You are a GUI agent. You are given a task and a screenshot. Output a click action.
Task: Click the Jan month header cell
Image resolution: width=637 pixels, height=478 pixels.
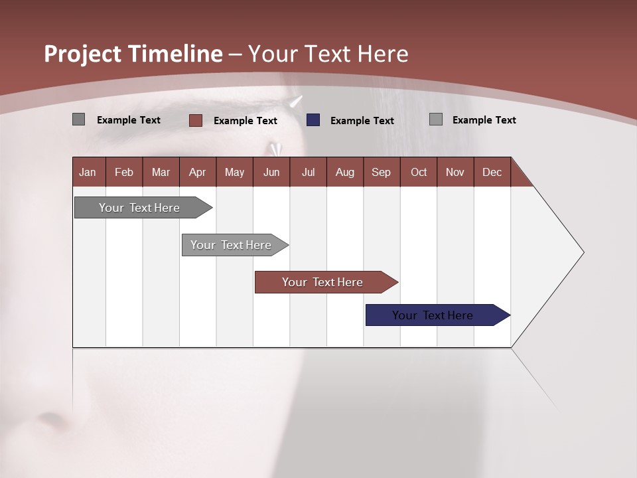tap(88, 172)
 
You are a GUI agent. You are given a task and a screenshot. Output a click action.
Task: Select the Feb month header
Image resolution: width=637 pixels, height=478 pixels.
tap(124, 172)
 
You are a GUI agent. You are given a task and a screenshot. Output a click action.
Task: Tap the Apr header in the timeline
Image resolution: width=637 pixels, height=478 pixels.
tap(198, 172)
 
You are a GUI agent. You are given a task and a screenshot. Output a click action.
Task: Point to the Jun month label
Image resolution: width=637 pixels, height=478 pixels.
tap(271, 172)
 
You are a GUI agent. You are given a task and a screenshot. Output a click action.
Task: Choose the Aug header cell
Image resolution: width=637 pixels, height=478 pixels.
tap(345, 172)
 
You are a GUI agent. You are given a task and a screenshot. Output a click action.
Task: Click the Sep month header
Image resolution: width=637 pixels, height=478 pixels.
tap(382, 172)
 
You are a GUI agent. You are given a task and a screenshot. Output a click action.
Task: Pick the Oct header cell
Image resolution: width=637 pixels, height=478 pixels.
tap(419, 172)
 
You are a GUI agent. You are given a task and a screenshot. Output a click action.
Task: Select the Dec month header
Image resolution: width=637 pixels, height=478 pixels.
tap(492, 172)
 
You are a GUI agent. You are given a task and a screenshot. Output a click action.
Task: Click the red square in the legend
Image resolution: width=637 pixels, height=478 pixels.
tap(196, 120)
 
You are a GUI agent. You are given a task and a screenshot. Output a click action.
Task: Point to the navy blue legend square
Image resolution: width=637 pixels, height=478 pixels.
tap(313, 120)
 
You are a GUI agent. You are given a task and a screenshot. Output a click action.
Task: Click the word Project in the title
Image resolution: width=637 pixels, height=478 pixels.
tap(83, 54)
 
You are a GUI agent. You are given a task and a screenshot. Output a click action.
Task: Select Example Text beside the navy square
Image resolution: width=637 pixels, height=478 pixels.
tap(362, 121)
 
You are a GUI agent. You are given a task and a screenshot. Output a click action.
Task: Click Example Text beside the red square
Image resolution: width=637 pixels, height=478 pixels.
tap(246, 121)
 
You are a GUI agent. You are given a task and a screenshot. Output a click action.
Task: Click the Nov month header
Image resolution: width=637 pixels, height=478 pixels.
tap(455, 172)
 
